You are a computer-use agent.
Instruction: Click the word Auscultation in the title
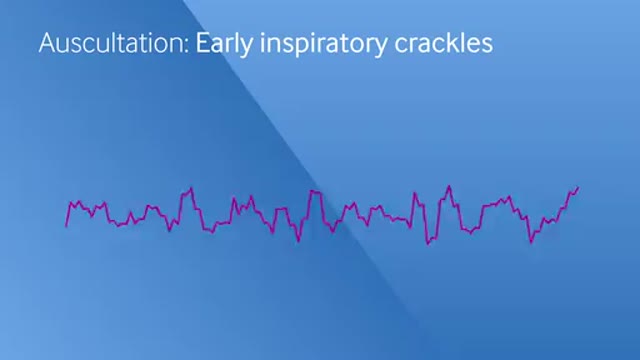click(112, 44)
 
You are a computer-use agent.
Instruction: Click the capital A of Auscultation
click(46, 44)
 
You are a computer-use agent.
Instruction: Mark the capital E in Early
click(202, 44)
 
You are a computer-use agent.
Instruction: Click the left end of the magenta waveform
click(66, 225)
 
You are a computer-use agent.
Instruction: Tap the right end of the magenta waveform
click(578, 187)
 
